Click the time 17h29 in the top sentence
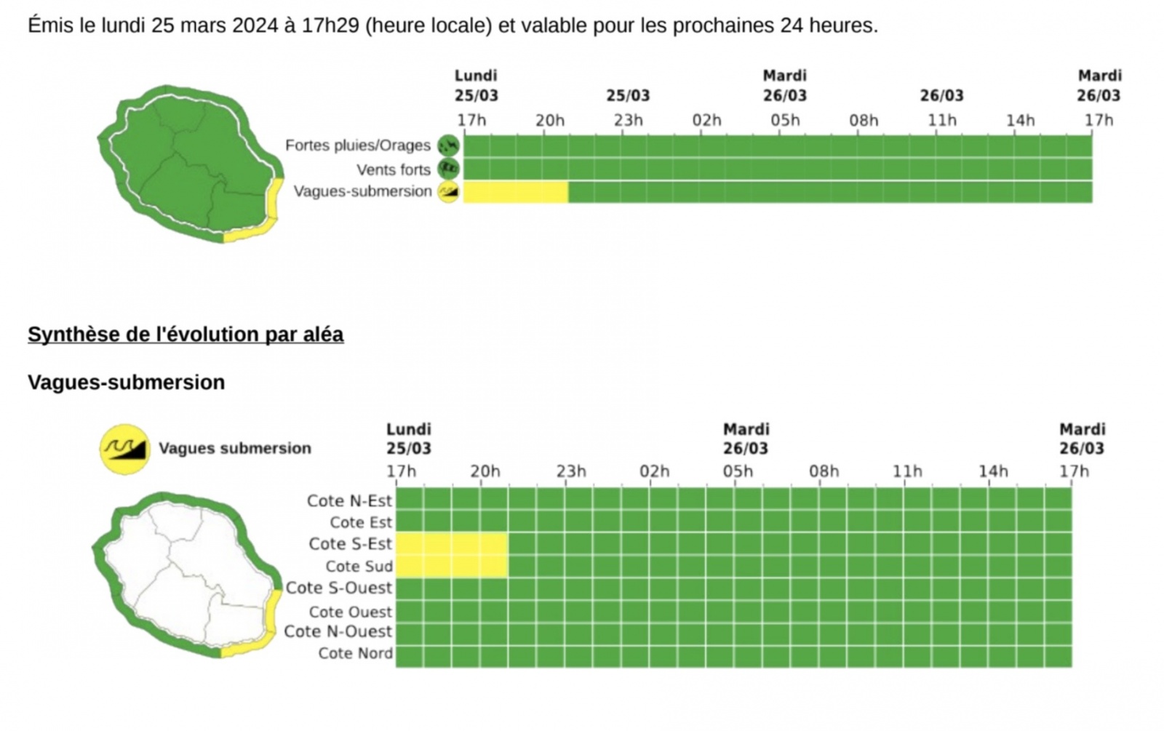[330, 26]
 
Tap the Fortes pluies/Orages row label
[358, 145]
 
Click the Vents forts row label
[394, 169]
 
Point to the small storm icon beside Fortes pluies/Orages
[448, 145]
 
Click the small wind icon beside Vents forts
[448, 169]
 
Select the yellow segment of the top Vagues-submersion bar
[515, 192]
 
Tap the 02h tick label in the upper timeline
[706, 120]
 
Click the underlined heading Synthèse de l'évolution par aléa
[186, 335]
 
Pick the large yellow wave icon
[124, 449]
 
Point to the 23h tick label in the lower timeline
[571, 471]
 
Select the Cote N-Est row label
[349, 500]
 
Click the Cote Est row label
[361, 522]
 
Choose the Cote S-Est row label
[350, 544]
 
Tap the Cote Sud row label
[359, 566]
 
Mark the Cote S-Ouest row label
[338, 588]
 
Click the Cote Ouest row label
[350, 612]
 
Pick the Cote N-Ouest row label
[338, 631]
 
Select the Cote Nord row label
[355, 653]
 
